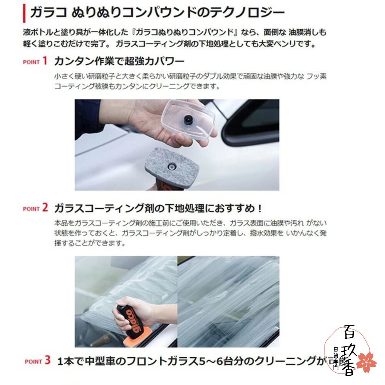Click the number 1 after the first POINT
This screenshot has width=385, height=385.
click(x=45, y=61)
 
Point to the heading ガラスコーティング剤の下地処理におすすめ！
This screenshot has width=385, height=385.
click(x=158, y=209)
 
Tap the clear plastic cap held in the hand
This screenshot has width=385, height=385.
click(x=189, y=119)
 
